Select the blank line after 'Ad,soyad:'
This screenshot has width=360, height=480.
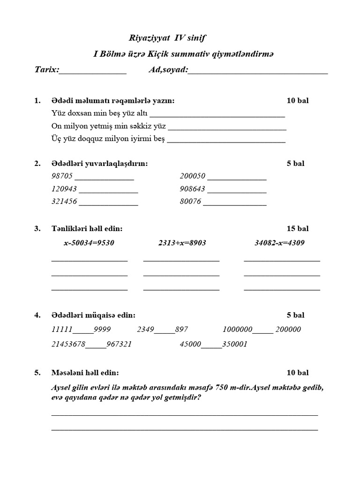click(x=258, y=71)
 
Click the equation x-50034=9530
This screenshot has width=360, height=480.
click(x=89, y=243)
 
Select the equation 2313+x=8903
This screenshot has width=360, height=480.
click(x=182, y=243)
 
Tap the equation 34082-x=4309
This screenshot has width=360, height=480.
click(x=279, y=243)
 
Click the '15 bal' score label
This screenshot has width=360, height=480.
click(x=297, y=229)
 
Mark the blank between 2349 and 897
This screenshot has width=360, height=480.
click(x=165, y=331)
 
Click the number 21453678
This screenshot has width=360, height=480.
click(x=68, y=344)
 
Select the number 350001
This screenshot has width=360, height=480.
click(x=234, y=344)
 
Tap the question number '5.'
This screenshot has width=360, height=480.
click(x=37, y=373)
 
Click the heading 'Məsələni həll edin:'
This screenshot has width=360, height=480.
click(x=85, y=373)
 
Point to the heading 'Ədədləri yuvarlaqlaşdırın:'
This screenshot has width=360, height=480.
click(x=100, y=163)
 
